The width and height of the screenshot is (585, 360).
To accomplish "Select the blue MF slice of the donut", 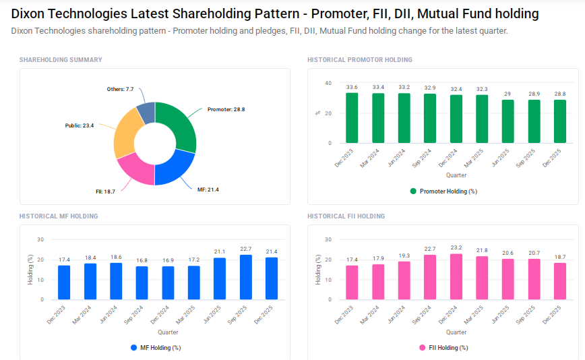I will click(x=175, y=169).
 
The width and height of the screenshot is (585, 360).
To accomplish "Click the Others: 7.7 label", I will click(x=120, y=89).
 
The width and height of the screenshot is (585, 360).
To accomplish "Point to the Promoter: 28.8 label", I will click(x=226, y=109).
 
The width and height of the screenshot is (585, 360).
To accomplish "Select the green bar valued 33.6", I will click(x=352, y=118).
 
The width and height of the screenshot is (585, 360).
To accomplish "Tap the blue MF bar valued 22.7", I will click(x=246, y=277).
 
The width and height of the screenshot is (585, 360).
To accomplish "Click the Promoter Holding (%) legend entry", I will click(x=443, y=191).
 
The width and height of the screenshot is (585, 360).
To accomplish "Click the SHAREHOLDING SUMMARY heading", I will click(x=61, y=60).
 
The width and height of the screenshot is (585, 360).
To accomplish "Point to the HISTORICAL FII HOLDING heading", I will click(x=346, y=216).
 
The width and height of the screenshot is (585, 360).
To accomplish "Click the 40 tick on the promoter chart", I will click(x=328, y=84).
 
